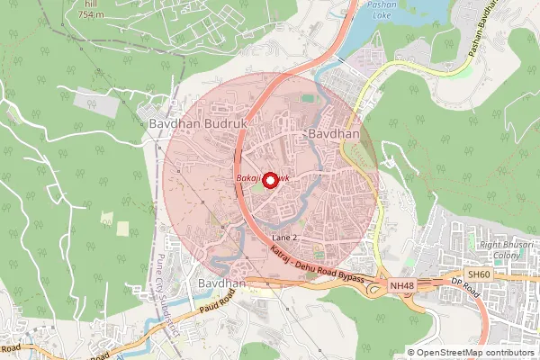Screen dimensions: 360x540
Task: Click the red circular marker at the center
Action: [269, 180]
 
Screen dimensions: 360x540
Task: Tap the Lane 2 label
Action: [284, 236]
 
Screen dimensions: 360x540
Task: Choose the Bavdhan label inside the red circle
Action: [334, 134]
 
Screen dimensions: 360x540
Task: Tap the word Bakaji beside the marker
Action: [248, 180]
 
